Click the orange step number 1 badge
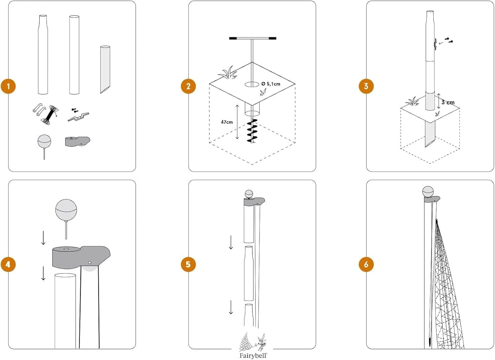point(8,86)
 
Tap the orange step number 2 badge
point(188,86)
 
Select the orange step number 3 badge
point(366,86)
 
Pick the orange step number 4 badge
point(8,264)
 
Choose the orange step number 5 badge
point(188,264)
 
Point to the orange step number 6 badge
point(366,264)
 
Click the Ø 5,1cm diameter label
point(271,84)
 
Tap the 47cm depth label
point(227,122)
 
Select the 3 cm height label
point(448,102)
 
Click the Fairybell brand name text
point(253,356)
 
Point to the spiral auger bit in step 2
point(252,131)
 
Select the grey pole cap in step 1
point(78,142)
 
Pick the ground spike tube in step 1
point(105,69)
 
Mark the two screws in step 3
point(449,40)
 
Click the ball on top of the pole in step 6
point(428,192)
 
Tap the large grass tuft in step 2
point(228,73)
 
